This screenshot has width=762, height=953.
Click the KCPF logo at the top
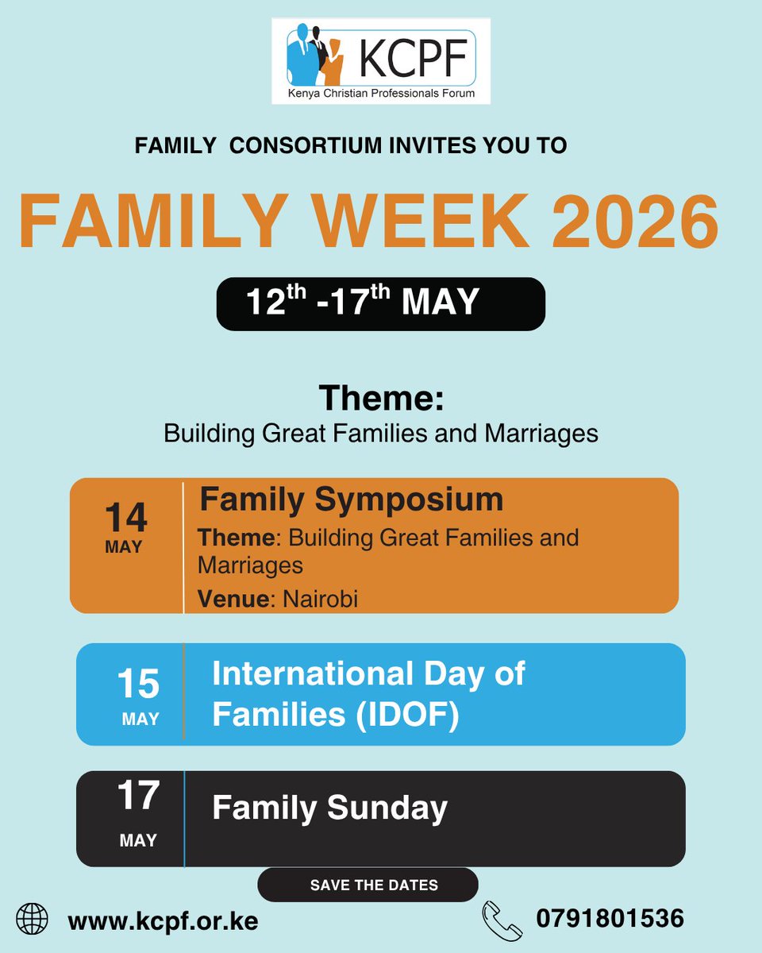(381, 62)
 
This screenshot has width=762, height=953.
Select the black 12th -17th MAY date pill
(380, 303)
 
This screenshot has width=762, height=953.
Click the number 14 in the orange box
(125, 518)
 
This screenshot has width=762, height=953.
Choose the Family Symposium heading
(351, 500)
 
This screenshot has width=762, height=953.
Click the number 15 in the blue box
(138, 684)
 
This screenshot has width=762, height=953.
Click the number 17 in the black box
(138, 796)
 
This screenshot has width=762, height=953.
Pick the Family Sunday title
(329, 808)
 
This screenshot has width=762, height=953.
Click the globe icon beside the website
(33, 920)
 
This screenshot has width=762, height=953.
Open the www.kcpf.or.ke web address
(163, 920)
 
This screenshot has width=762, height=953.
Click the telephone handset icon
(502, 920)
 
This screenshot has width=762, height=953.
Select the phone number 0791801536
(610, 919)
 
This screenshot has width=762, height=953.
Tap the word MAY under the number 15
(140, 719)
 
